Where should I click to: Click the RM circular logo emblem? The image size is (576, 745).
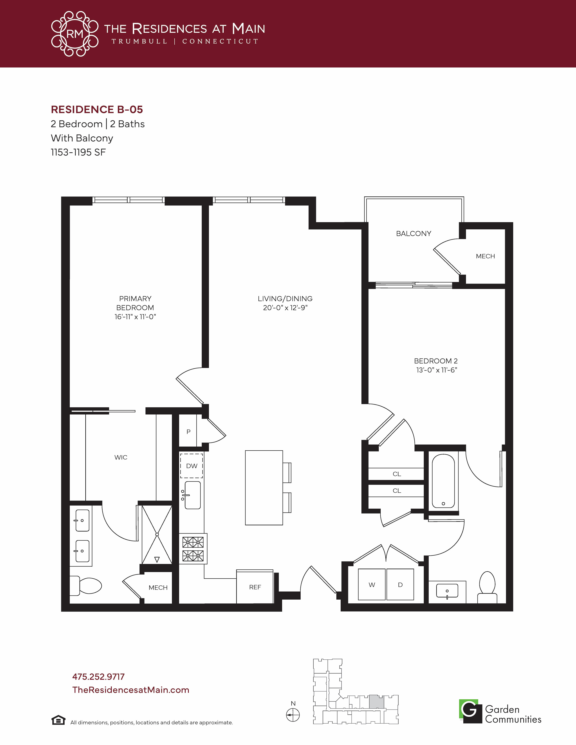coord(75,34)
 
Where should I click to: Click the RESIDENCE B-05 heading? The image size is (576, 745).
coord(97,109)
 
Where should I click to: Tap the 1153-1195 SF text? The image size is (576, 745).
coord(78,152)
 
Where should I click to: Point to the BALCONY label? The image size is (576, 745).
coord(414,234)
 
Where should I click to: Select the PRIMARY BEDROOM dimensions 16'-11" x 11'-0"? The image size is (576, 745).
coord(135,317)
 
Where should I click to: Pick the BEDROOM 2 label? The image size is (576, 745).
coord(436,361)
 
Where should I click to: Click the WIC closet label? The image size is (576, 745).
coord(121,457)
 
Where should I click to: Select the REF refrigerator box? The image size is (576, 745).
coord(255,587)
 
